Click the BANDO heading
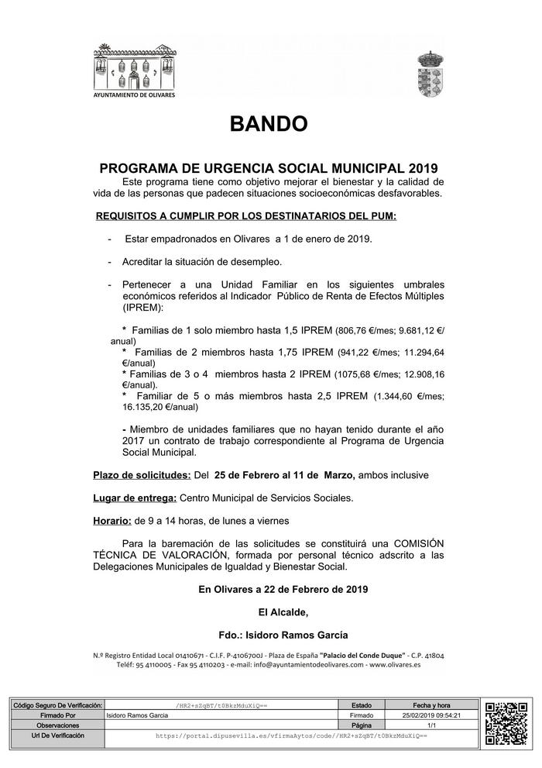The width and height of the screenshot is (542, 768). tap(269, 123)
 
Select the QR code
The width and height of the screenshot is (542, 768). tap(506, 722)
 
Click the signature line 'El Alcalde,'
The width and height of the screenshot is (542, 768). tap(283, 612)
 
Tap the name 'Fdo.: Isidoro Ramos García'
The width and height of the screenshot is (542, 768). tap(283, 635)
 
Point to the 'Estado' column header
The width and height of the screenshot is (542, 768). tap(361, 706)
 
